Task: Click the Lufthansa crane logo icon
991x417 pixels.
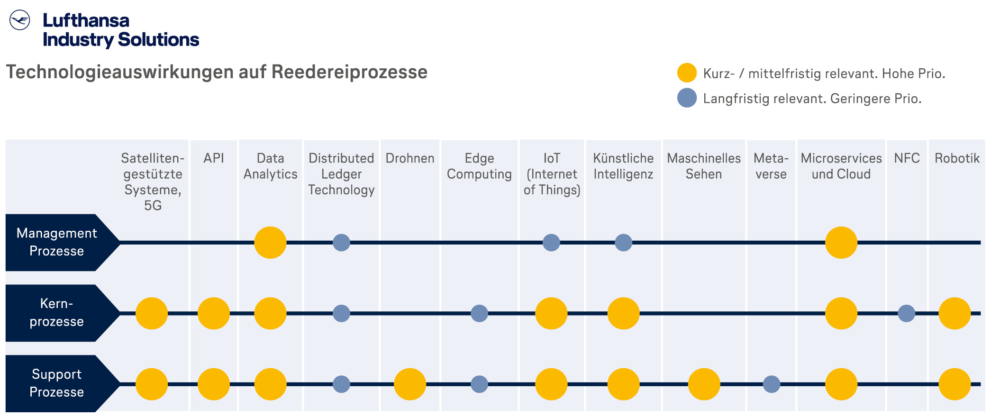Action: tap(20, 20)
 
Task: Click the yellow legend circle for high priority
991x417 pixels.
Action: tap(687, 73)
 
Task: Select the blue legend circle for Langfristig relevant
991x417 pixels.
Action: tap(687, 98)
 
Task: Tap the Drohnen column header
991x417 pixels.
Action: tap(410, 158)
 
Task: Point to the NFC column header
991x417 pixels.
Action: tap(907, 158)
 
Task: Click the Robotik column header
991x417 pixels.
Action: tap(957, 158)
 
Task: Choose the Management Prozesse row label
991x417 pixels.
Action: tap(57, 242)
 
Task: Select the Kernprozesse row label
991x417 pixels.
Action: tap(57, 313)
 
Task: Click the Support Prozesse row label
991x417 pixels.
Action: tap(57, 383)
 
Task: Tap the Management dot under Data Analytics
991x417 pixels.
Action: tap(270, 243)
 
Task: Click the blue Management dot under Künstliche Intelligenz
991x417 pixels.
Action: tap(623, 243)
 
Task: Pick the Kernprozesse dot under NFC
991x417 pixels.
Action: tap(906, 313)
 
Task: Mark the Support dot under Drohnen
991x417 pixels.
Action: tap(410, 384)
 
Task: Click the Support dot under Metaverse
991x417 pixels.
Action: tap(772, 384)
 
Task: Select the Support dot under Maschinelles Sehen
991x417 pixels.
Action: tap(704, 384)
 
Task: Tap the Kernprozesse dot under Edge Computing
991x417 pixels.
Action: tap(479, 313)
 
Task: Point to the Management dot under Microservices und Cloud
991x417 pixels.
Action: tap(841, 243)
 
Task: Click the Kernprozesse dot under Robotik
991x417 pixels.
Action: tap(955, 313)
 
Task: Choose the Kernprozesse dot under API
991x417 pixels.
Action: tap(214, 313)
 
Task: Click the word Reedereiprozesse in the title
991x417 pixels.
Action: tap(349, 73)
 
